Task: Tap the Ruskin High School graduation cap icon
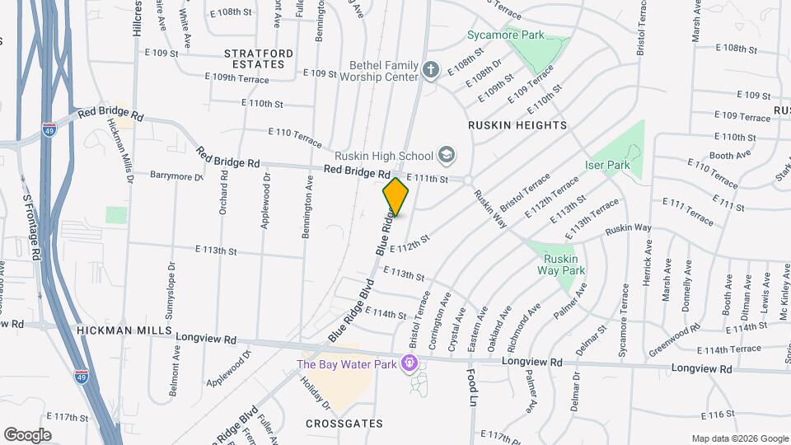click(x=446, y=155)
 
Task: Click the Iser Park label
click(x=607, y=165)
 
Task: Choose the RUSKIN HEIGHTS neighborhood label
click(x=517, y=125)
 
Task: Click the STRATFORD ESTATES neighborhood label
click(x=258, y=59)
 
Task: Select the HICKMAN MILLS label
click(x=124, y=330)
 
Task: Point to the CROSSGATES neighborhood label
click(x=344, y=424)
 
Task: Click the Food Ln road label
click(x=474, y=387)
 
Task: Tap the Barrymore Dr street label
click(x=176, y=176)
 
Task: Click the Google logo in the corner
click(x=27, y=434)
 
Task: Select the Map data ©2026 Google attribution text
click(x=739, y=438)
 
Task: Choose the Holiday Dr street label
click(x=315, y=394)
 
